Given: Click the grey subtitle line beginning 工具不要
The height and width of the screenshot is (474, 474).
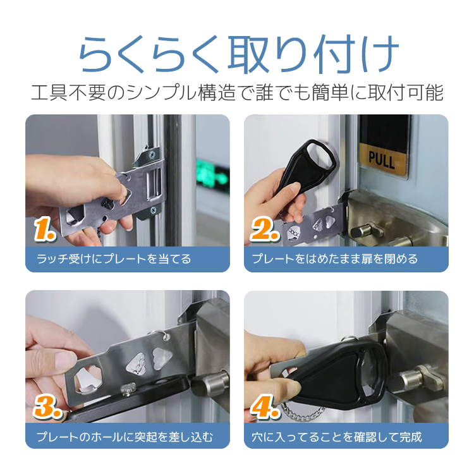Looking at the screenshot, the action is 237,92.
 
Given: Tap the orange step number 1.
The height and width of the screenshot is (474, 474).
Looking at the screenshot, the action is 45,230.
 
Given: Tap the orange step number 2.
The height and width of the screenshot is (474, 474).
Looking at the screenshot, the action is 265,229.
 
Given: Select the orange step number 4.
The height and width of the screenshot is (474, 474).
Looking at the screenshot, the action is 265,406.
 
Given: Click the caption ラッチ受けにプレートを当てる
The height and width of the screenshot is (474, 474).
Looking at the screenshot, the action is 114,259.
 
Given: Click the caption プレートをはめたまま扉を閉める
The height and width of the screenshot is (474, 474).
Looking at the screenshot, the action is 335,259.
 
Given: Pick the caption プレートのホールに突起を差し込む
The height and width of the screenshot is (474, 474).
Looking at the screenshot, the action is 125,437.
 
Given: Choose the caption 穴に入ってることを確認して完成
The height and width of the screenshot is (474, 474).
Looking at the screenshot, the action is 337,437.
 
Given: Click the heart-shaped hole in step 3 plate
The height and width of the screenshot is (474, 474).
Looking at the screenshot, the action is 162,358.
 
